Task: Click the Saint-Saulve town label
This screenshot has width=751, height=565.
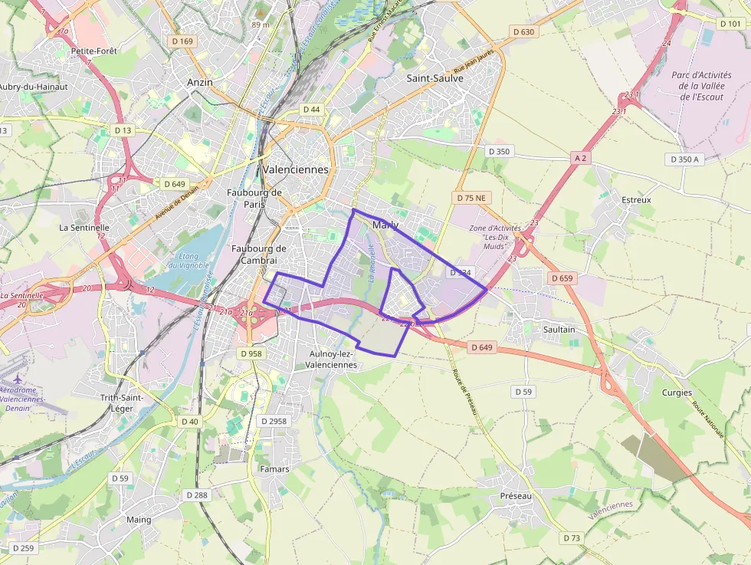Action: pos(435,78)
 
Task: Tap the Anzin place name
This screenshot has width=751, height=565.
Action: pos(200,82)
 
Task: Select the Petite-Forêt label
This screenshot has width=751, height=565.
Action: pos(93,51)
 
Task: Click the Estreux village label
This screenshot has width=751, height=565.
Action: pos(636,200)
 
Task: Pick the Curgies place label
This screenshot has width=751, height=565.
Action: pos(677,393)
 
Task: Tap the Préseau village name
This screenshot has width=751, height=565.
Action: pos(515,496)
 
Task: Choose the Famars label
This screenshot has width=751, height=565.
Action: pos(274,469)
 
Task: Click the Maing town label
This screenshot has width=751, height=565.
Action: pos(139,519)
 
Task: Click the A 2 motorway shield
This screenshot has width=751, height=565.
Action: pos(581,158)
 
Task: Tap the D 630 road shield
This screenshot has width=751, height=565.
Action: pos(523,31)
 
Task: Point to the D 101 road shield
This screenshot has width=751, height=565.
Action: pos(731,24)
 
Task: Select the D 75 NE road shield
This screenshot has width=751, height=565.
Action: pos(471,198)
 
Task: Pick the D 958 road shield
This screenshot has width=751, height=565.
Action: pos(251,354)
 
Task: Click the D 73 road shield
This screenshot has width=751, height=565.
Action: pos(572,538)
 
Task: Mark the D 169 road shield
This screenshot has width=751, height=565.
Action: pos(182,41)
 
